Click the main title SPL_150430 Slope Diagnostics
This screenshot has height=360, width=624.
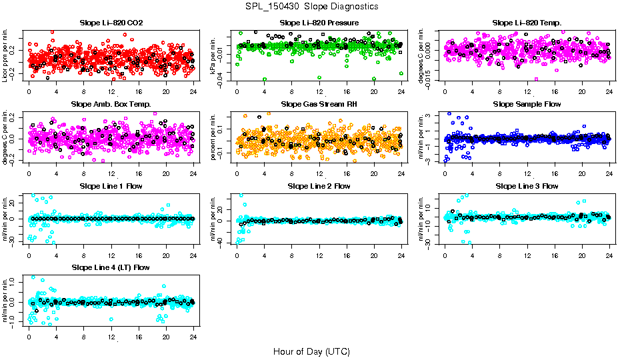(311, 6)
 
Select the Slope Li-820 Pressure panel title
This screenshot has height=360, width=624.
(319, 23)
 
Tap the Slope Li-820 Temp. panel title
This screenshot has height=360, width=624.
(527, 23)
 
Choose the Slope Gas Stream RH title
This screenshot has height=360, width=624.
(319, 104)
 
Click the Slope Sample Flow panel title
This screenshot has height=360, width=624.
(527, 104)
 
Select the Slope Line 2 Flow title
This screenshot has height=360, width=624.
(319, 186)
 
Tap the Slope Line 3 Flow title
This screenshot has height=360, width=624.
(527, 186)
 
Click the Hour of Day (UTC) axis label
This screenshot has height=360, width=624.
(311, 351)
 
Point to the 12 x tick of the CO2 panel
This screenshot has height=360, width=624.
(111, 91)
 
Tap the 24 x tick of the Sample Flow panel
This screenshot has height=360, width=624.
(609, 172)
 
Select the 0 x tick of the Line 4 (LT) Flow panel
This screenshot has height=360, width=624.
(29, 335)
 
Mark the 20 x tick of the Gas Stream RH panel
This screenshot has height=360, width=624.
(374, 172)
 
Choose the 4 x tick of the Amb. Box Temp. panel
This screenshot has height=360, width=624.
(56, 172)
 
